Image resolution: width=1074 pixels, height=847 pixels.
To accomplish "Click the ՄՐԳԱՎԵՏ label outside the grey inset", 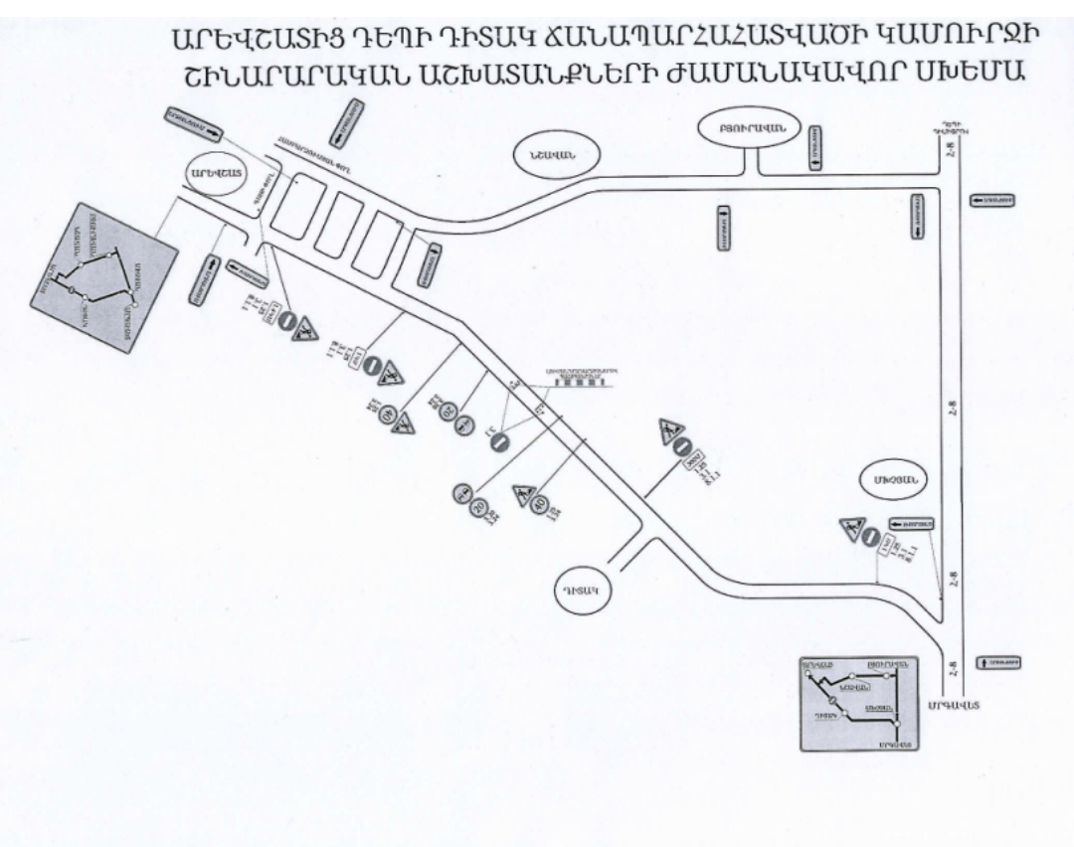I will (x=952, y=705).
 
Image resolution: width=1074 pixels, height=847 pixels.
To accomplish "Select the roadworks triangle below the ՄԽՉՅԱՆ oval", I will (x=850, y=529).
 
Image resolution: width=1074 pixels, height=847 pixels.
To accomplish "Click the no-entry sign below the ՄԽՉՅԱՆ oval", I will (x=869, y=538).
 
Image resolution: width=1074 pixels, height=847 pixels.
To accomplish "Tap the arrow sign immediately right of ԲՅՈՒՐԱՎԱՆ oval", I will (x=815, y=148).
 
